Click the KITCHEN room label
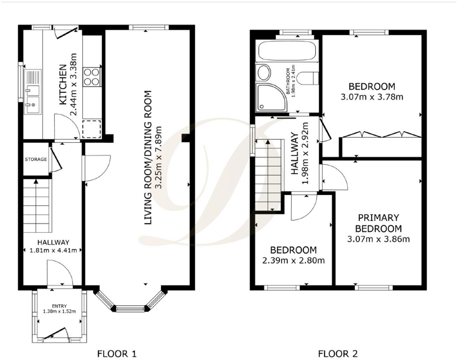point(63,84)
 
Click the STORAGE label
point(35,159)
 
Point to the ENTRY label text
point(59,306)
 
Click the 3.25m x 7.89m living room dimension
point(159,157)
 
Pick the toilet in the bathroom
point(311,78)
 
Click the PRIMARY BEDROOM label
point(378,223)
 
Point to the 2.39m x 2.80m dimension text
point(293,261)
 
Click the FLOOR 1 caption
point(116,353)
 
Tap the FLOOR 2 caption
point(338,353)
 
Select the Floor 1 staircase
point(37,205)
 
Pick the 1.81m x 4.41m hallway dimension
point(53,250)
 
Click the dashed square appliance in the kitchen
point(92,129)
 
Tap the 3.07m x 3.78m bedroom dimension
point(372,97)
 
